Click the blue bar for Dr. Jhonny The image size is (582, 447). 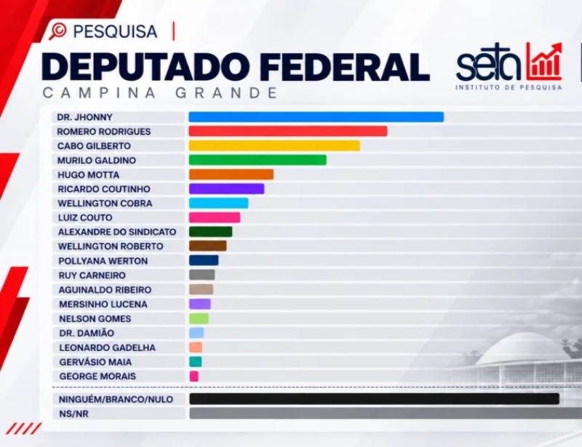(316, 117)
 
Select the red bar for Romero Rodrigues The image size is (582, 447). (288, 131)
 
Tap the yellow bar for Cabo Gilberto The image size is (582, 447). (274, 146)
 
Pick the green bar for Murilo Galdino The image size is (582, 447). (258, 160)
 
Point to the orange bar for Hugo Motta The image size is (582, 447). (231, 175)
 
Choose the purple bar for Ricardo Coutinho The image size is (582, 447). (226, 189)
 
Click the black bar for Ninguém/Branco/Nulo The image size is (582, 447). (374, 399)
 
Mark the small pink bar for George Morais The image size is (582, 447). (194, 376)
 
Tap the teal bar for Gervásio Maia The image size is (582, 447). (196, 362)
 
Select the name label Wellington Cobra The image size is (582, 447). (105, 203)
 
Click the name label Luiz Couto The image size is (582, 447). (85, 218)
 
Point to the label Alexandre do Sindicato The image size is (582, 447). (117, 232)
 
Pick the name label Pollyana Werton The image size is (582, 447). (103, 261)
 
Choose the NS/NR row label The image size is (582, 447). (74, 414)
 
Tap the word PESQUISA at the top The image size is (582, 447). (116, 31)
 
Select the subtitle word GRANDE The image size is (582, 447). (226, 92)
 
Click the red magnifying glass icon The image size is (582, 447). (57, 31)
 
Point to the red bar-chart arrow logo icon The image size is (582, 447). (543, 61)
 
